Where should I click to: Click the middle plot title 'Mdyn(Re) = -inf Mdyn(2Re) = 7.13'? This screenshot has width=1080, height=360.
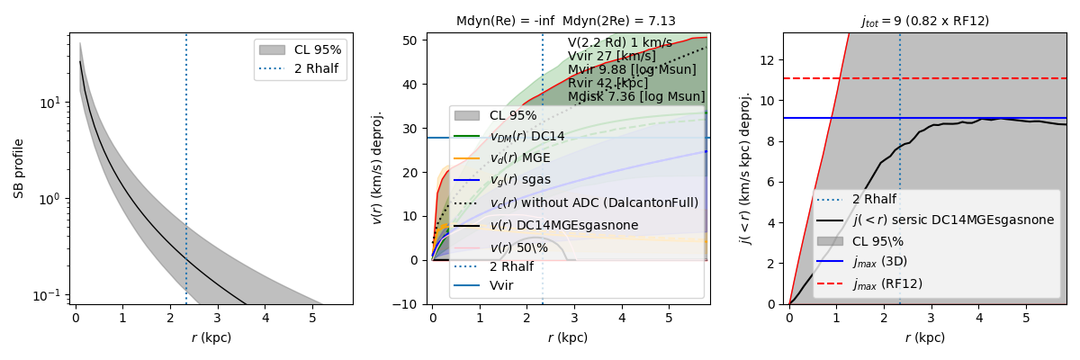coord(565,21)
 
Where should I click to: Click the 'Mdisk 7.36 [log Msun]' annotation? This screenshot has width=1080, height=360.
coord(636,96)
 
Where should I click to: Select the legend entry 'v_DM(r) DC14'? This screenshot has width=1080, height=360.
coord(527,137)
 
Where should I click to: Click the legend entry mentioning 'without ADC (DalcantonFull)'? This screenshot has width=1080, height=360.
coord(594,202)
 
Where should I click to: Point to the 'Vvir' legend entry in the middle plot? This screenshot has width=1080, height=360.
coord(505,288)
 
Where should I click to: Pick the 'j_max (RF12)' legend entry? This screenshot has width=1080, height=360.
coord(886,283)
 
